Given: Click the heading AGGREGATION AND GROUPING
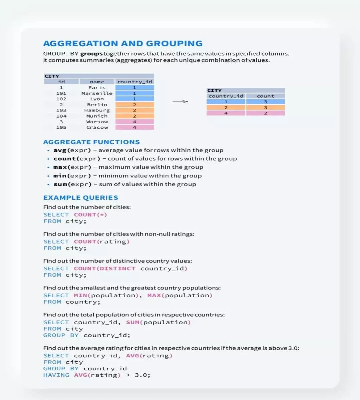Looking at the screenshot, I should click(x=123, y=44).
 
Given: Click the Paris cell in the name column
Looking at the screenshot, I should click(x=97, y=88).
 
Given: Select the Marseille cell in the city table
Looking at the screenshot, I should click(x=97, y=93).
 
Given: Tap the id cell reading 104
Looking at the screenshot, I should click(x=61, y=116).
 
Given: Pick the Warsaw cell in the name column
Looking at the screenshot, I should click(x=97, y=122).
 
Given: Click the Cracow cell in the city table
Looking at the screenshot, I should click(x=97, y=127).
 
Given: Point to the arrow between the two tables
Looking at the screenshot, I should click(x=180, y=102).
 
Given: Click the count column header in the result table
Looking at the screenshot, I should click(x=265, y=96).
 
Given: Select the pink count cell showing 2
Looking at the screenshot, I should click(x=265, y=113).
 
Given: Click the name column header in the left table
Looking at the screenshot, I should click(x=97, y=82).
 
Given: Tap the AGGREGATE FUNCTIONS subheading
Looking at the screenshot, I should click(x=91, y=142).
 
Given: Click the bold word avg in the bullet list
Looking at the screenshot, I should click(x=60, y=150).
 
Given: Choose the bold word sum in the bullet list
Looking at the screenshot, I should click(x=60, y=184).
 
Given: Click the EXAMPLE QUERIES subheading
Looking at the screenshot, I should click(x=81, y=198).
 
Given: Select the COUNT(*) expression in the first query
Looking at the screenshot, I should click(x=90, y=215).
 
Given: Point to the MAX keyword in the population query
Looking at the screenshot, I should click(x=154, y=295).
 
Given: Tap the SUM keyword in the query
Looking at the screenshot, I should click(x=133, y=322).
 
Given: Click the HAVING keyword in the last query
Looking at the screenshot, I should click(x=56, y=375).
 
